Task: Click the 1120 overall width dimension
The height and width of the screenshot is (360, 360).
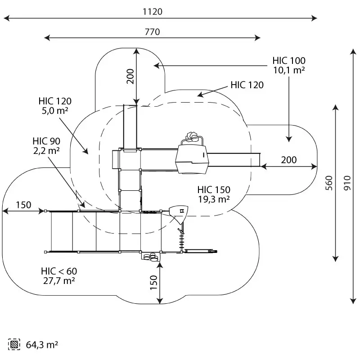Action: (153, 12)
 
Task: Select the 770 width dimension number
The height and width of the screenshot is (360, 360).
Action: (153, 31)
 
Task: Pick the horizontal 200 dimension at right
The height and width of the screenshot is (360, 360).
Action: (289, 160)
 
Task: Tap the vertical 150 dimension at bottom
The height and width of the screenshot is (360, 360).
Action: (153, 283)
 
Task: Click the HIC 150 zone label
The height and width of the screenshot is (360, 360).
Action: (214, 189)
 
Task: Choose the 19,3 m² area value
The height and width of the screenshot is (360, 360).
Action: (214, 198)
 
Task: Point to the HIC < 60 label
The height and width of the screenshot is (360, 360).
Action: (58, 271)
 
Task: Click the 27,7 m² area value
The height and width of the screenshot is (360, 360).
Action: (58, 280)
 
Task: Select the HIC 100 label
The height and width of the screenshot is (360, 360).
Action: (289, 61)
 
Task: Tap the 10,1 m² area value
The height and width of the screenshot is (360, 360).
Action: (289, 70)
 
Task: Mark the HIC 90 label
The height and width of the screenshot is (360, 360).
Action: (46, 142)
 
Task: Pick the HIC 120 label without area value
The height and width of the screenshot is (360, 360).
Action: (247, 85)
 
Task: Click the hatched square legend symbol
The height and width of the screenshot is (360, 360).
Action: (15, 345)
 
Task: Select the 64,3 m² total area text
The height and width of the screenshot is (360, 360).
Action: (42, 345)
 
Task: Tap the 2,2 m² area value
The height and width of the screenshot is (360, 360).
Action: (46, 151)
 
